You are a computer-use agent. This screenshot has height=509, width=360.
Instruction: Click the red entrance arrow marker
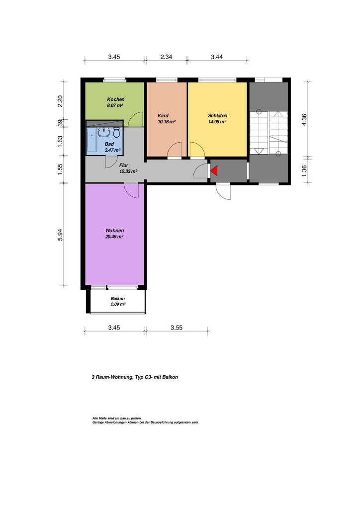[214, 170]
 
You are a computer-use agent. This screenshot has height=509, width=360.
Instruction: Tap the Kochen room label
[115, 99]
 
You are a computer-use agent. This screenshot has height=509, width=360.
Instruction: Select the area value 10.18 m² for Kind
[167, 122]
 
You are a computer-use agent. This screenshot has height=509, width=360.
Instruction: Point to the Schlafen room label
[217, 115]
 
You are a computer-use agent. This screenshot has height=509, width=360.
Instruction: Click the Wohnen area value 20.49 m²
[114, 237]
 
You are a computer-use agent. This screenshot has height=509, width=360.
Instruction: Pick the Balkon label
[117, 299]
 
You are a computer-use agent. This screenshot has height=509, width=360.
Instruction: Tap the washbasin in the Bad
[104, 132]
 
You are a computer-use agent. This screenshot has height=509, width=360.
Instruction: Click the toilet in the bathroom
[116, 132]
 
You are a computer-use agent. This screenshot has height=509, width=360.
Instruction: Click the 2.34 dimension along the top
[166, 57]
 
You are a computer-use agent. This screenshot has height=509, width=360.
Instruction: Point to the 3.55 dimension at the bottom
[176, 328]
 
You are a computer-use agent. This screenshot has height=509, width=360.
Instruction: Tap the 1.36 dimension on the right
[304, 171]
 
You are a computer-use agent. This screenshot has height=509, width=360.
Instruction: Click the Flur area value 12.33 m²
[128, 171]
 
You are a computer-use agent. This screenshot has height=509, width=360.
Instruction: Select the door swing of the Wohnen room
[131, 191]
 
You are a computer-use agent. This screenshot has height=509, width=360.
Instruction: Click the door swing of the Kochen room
[136, 119]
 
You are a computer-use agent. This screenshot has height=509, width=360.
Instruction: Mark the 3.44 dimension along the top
[217, 57]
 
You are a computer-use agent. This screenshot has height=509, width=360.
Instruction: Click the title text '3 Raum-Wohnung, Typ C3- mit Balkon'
[135, 377]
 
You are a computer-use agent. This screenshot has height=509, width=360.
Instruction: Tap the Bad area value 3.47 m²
[113, 150]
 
